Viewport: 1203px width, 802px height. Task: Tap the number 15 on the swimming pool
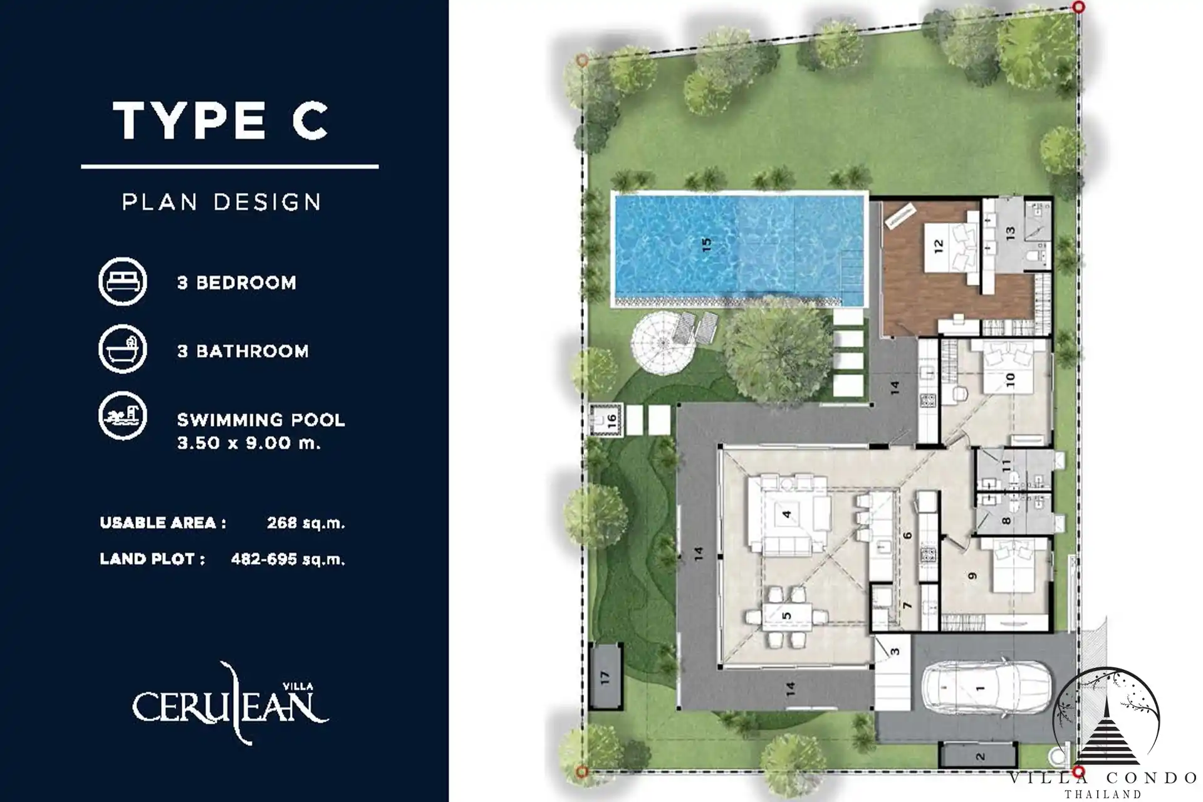[706, 244]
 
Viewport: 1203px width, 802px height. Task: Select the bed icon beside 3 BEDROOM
[123, 281]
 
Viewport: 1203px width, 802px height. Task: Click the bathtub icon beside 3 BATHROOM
[123, 349]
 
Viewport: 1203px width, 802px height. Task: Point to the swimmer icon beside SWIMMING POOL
[123, 415]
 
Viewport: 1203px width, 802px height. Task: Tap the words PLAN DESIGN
[221, 202]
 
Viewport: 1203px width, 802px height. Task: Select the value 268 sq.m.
[306, 523]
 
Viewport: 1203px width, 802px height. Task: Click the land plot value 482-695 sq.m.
[288, 559]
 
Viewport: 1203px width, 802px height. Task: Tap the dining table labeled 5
[786, 616]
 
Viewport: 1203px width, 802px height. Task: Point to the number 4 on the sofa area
[786, 514]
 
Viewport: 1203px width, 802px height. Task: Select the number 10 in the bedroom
[1009, 380]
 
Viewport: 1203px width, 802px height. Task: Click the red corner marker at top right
[1078, 7]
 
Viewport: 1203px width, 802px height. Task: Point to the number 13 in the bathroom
[1009, 233]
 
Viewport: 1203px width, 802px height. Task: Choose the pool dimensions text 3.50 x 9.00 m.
[249, 443]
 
